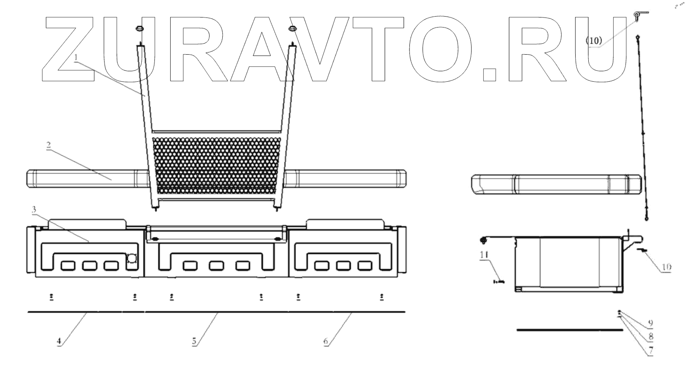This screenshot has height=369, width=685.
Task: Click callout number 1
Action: [76, 57]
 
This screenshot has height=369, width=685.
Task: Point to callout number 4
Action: [59, 341]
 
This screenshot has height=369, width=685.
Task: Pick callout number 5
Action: [194, 341]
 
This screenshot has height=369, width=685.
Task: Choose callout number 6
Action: [326, 341]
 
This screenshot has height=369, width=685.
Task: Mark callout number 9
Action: [650, 323]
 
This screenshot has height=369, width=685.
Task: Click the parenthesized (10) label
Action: [594, 41]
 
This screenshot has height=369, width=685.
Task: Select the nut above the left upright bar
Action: [140, 29]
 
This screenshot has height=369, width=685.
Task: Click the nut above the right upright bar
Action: [292, 29]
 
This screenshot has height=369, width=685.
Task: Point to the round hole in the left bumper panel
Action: [131, 259]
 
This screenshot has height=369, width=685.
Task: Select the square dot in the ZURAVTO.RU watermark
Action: [490, 74]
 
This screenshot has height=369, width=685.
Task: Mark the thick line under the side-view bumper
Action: [569, 331]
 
